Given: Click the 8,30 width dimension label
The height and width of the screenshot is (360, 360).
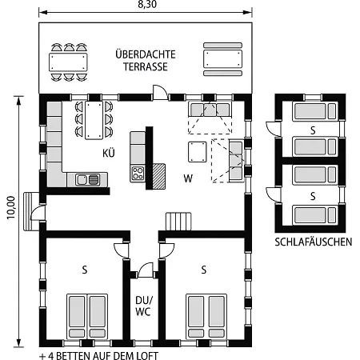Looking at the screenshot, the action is pyautogui.click(x=147, y=4).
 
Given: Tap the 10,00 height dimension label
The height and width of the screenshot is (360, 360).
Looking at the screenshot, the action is pyautogui.click(x=11, y=208).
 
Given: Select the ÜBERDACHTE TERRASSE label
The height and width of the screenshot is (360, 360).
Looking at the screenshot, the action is pyautogui.click(x=146, y=61).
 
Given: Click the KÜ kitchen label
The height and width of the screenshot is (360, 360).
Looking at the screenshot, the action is pyautogui.click(x=109, y=153).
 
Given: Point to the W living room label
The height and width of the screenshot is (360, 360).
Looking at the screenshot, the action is pyautogui.click(x=188, y=178).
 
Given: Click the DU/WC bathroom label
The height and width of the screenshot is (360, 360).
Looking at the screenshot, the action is pyautogui.click(x=144, y=306).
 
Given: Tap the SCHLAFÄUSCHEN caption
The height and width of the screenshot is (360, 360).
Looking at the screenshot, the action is pyautogui.click(x=314, y=242).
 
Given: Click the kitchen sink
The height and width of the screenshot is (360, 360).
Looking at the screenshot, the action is pyautogui.click(x=87, y=180).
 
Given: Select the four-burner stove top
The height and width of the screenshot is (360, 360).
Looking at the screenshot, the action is pyautogui.click(x=138, y=173).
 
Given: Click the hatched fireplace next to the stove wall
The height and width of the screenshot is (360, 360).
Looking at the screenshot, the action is pyautogui.click(x=159, y=176).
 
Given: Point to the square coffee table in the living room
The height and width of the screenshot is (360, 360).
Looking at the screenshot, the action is pyautogui.click(x=198, y=152).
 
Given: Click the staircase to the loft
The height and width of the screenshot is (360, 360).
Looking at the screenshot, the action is pyautogui.click(x=178, y=222).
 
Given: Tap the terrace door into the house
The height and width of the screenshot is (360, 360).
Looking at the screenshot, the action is pyautogui.click(x=160, y=93).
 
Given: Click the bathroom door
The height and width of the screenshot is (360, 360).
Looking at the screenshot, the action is pyautogui.click(x=146, y=270).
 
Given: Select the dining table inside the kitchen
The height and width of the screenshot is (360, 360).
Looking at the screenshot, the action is pyautogui.click(x=94, y=120).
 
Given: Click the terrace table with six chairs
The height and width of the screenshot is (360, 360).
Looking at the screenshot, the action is pyautogui.click(x=68, y=62).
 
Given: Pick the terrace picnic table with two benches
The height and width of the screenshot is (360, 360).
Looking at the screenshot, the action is pyautogui.click(x=222, y=59).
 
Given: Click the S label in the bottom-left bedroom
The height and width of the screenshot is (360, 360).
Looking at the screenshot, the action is pyautogui.click(x=85, y=270).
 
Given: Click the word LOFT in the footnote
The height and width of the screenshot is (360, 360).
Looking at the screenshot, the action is pyautogui.click(x=147, y=356).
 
